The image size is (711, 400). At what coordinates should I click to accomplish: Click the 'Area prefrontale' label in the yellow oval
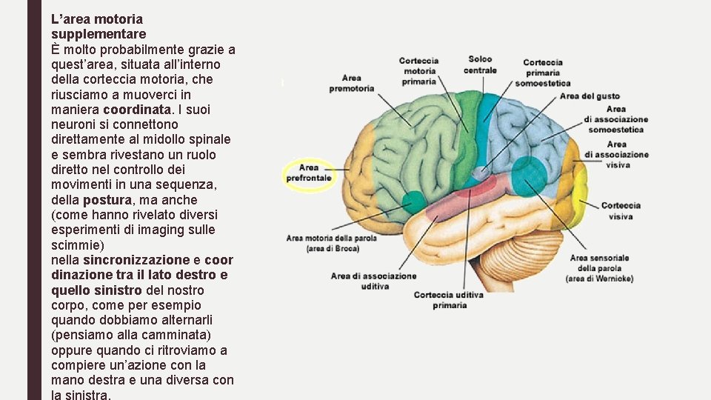click(309, 173)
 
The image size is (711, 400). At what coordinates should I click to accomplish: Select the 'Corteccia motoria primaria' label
click(418, 71)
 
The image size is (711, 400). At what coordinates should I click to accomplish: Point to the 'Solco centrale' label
click(480, 64)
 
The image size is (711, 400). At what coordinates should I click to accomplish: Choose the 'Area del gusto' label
click(590, 96)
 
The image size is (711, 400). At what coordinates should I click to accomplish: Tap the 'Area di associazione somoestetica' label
click(615, 119)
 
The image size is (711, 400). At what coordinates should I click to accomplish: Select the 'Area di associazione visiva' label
click(616, 155)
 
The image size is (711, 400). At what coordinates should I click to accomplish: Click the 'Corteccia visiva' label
click(621, 210)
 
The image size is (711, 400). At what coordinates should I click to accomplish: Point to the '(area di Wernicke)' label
click(599, 279)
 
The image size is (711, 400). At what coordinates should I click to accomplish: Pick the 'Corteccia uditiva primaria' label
click(449, 299)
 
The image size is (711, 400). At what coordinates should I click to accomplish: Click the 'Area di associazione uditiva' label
click(373, 281)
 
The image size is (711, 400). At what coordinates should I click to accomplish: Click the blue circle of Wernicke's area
click(529, 176)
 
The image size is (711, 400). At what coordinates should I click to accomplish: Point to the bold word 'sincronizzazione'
click(136, 260)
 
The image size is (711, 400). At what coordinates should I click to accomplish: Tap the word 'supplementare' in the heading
click(99, 33)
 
